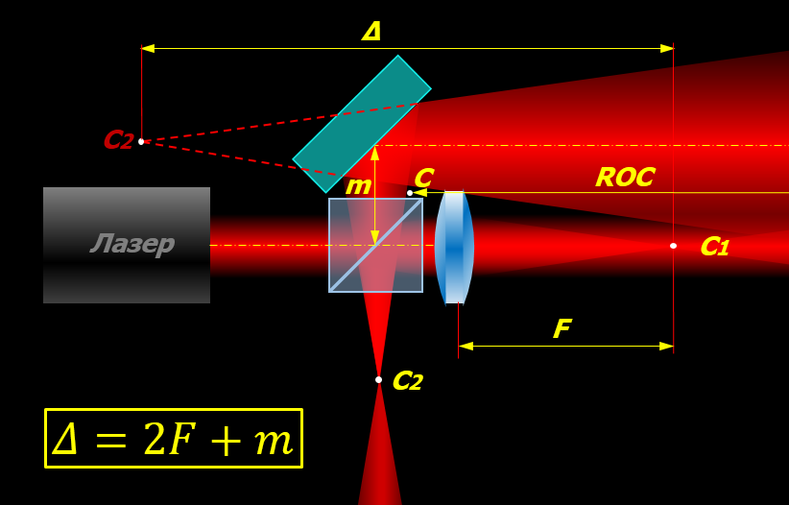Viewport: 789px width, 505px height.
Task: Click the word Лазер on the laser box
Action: pyautogui.click(x=132, y=244)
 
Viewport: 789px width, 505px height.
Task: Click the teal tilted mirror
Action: pyautogui.click(x=362, y=124)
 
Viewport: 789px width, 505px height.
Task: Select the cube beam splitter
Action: pyautogui.click(x=375, y=245)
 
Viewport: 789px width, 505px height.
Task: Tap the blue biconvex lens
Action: pyautogui.click(x=454, y=247)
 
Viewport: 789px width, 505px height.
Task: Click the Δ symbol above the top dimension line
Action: pyautogui.click(x=371, y=32)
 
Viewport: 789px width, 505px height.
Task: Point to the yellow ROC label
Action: pyautogui.click(x=625, y=178)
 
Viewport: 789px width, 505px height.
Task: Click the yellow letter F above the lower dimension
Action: pyautogui.click(x=562, y=330)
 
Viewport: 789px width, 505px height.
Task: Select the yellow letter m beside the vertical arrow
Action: pyautogui.click(x=357, y=186)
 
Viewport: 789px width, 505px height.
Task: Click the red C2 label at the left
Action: pyautogui.click(x=117, y=141)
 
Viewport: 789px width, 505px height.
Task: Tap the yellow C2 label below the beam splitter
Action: pyautogui.click(x=407, y=382)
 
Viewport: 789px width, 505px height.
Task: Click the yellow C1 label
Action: pyautogui.click(x=714, y=247)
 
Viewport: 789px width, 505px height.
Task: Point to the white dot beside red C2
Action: pyautogui.click(x=141, y=141)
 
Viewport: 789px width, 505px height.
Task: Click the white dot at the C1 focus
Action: pyautogui.click(x=673, y=246)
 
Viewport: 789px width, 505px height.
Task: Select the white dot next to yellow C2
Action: pyautogui.click(x=378, y=380)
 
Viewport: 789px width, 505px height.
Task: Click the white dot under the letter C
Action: pyautogui.click(x=410, y=193)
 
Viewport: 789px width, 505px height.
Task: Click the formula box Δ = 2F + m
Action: pyautogui.click(x=174, y=439)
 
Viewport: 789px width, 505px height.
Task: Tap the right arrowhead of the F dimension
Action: pyautogui.click(x=667, y=346)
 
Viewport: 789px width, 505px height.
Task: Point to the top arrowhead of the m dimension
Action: pyautogui.click(x=375, y=152)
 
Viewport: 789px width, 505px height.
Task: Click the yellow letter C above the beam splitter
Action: pyautogui.click(x=423, y=178)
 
